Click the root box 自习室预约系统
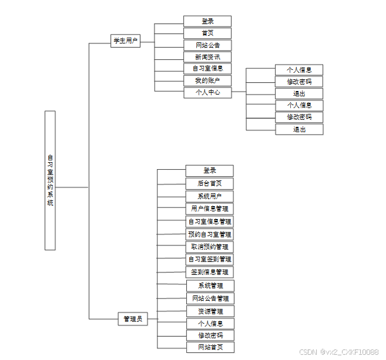[x=50, y=180]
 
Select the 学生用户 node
[x=125, y=41]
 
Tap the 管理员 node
[x=132, y=319]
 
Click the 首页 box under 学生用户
[x=207, y=33]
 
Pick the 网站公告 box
[x=207, y=45]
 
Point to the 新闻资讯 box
[x=207, y=57]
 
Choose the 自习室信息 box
[x=207, y=68]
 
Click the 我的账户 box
[x=207, y=80]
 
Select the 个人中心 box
[x=207, y=92]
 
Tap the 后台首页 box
[x=210, y=183]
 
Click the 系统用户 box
[x=210, y=196]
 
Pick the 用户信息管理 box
[x=210, y=208]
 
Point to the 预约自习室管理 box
[x=210, y=234]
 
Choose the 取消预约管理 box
[x=210, y=247]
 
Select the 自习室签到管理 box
[x=210, y=259]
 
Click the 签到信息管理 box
[x=210, y=272]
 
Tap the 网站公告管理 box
[x=210, y=298]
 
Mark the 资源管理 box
[x=210, y=311]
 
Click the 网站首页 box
[x=210, y=347]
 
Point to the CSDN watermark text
[x=338, y=352]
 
